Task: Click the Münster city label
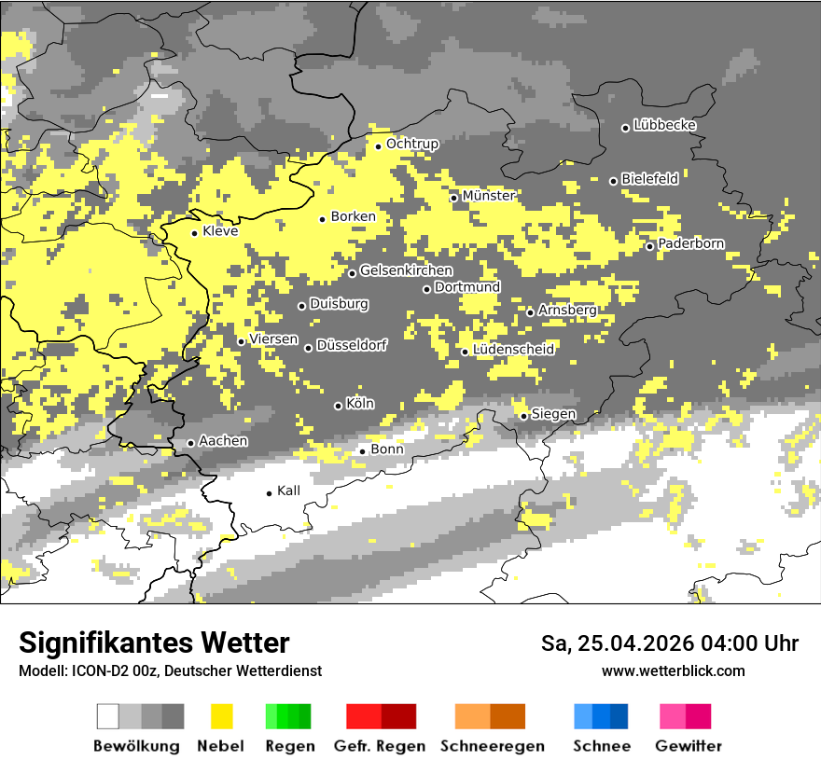(x=488, y=196)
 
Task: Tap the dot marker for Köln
(x=338, y=406)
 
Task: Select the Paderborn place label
(x=690, y=243)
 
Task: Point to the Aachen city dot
(x=190, y=443)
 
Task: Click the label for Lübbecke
(x=664, y=125)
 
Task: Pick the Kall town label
(x=288, y=491)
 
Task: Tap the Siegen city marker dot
(x=523, y=416)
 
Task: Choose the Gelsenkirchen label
(x=406, y=270)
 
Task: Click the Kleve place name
(x=220, y=231)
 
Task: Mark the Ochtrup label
(x=411, y=144)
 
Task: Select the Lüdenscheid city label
(x=513, y=350)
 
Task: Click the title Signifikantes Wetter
(x=154, y=643)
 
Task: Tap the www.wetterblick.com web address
(x=673, y=670)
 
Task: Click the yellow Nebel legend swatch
(x=221, y=716)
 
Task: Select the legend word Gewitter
(x=688, y=746)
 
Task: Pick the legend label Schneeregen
(x=492, y=746)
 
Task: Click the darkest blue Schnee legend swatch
(x=619, y=716)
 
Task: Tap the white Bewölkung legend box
(x=108, y=716)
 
